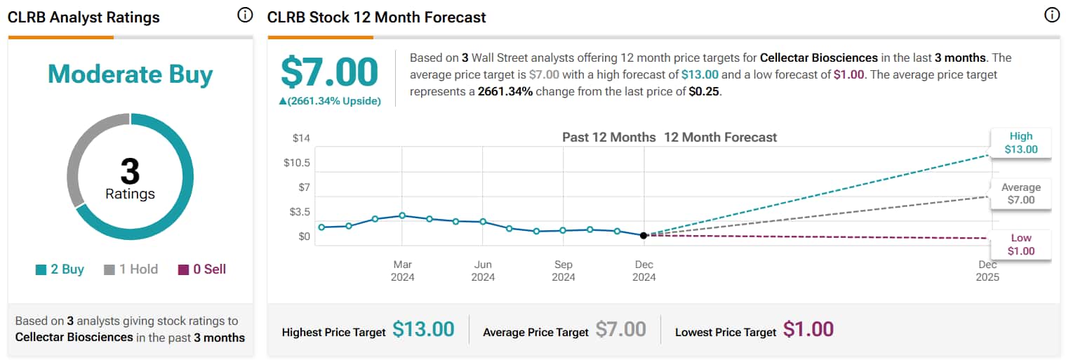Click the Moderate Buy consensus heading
130,74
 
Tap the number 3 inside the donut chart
130,171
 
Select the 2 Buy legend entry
60,269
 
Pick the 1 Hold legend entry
131,269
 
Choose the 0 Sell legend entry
202,269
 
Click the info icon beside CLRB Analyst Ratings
245,15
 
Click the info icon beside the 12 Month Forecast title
1051,15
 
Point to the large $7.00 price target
329,73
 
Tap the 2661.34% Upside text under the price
330,101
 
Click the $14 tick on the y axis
301,138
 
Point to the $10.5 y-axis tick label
297,163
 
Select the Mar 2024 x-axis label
403,271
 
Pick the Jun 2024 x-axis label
483,271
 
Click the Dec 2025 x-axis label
987,271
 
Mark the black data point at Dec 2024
644,235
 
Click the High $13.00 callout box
1020,143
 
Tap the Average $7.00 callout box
1020,194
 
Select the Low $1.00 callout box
1020,244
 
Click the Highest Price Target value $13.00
423,329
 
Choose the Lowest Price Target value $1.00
808,329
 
